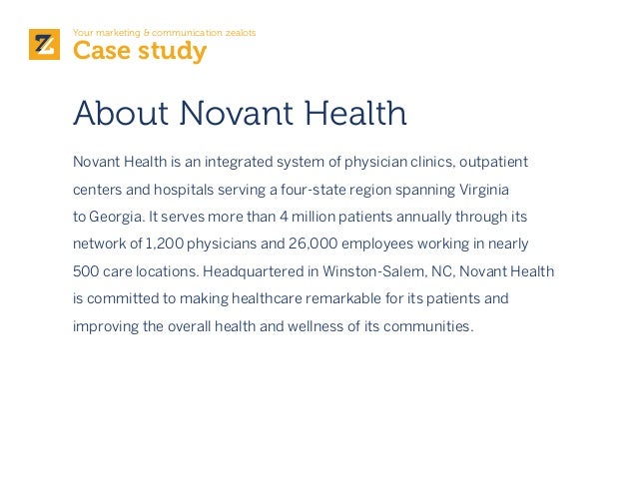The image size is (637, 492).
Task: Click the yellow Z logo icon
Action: coord(44,45)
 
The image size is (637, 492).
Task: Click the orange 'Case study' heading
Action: coord(140,50)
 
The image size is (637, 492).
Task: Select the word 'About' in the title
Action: coord(122,114)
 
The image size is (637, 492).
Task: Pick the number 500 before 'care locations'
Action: coord(85,271)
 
